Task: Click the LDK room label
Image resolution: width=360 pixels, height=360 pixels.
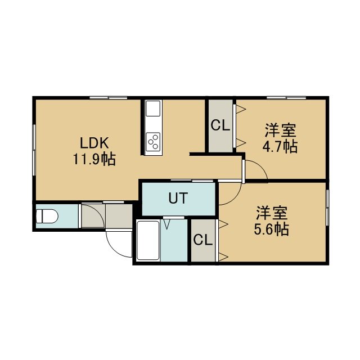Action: pos(94,143)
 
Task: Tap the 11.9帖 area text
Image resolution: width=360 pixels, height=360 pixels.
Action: pos(94,159)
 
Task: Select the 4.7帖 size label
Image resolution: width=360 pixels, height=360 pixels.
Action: pos(280,146)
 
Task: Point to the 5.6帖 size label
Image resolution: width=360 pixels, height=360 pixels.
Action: pos(271,229)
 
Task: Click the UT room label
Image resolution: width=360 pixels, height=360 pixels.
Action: pos(178,198)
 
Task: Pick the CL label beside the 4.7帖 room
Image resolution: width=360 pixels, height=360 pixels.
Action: pos(220,125)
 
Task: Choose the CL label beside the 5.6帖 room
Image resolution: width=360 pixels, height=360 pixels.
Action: pos(202,240)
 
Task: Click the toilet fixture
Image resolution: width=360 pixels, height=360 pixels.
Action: pos(47,216)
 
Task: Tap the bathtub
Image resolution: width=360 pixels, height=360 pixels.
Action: pos(148,240)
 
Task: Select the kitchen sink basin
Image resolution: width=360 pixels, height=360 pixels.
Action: pos(153,109)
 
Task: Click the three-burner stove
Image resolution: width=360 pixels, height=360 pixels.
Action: pos(153,142)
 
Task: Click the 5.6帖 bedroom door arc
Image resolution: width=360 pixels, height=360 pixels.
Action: pos(234,198)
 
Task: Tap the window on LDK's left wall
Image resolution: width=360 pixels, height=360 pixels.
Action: pos(34,150)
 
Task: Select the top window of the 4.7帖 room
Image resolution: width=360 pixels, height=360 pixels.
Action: pos(286,98)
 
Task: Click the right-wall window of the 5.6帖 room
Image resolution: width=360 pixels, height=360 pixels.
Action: pos(327,208)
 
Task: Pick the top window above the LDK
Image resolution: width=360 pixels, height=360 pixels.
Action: pos(109,98)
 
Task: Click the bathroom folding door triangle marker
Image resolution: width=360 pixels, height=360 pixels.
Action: pos(167,224)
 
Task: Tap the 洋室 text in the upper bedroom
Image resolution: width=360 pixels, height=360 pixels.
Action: pos(281,130)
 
